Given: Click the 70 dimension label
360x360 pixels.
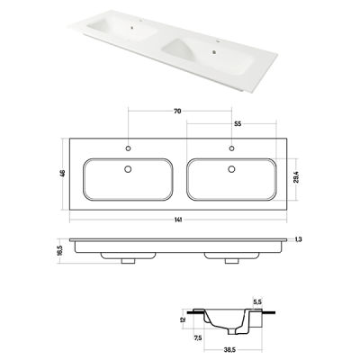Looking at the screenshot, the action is pyautogui.click(x=177, y=112).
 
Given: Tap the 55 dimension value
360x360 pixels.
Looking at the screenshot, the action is pyautogui.click(x=238, y=123).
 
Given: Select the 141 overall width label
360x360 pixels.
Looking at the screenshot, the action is pyautogui.click(x=178, y=220).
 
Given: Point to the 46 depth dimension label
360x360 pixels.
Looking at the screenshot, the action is pyautogui.click(x=62, y=174).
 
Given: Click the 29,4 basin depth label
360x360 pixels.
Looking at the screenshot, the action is pyautogui.click(x=294, y=179).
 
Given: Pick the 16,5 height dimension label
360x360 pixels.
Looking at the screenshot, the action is pyautogui.click(x=58, y=250).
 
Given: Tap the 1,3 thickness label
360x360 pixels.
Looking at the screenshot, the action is pyautogui.click(x=298, y=239).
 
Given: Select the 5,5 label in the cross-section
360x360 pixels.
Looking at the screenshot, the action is pyautogui.click(x=256, y=302).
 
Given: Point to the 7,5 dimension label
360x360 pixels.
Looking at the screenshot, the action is pyautogui.click(x=198, y=338).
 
